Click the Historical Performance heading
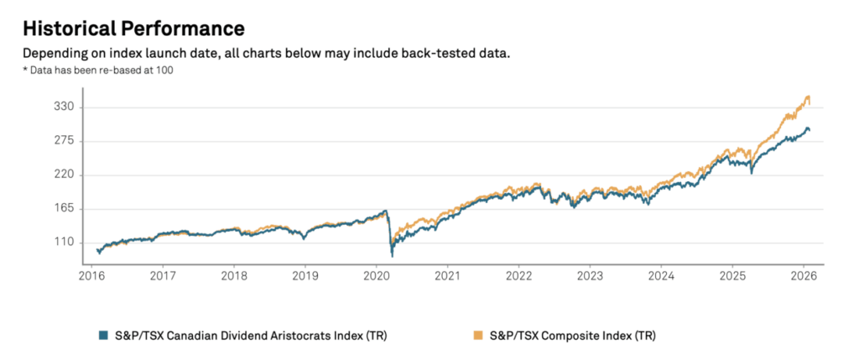(133, 29)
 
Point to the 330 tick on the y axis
(65, 107)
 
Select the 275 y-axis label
(65, 141)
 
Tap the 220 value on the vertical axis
(65, 175)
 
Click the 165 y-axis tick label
(65, 209)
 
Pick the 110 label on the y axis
(65, 243)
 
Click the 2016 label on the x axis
(91, 274)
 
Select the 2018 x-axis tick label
(234, 274)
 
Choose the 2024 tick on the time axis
(661, 274)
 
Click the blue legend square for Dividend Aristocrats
(103, 336)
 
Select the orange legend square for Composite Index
(481, 336)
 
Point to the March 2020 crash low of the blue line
(392, 254)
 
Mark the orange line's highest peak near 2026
(808, 97)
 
